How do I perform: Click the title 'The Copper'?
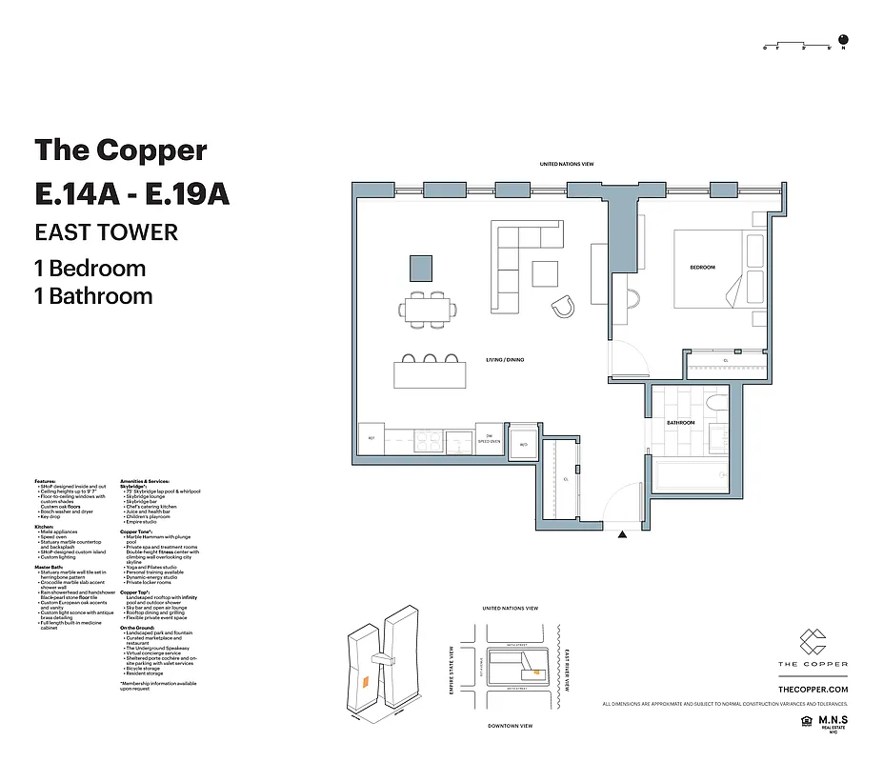120,150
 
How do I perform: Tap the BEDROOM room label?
702,268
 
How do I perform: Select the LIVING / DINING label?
505,360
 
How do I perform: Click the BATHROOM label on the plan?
680,422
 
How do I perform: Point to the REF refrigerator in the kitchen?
371,439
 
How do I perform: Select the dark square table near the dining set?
421,269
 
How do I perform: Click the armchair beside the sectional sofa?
563,306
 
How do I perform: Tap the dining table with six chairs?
427,309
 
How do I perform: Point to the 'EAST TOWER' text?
106,232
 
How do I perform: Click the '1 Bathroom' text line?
93,296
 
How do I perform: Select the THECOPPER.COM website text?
813,688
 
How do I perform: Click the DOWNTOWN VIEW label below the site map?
510,726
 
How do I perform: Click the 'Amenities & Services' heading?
146,482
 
